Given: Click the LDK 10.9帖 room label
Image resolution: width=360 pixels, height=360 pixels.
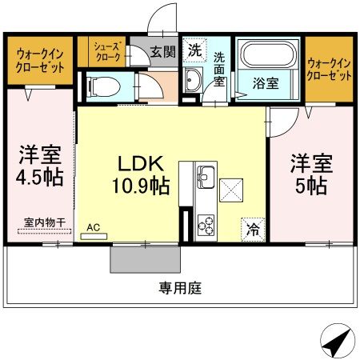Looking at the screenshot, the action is pos(141,174).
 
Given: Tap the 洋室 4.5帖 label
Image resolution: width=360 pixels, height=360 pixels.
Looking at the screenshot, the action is pos(40,166).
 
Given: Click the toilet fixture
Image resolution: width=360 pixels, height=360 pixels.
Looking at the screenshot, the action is pos(103,86).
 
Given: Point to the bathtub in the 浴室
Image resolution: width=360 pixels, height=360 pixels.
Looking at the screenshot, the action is pos(269,54).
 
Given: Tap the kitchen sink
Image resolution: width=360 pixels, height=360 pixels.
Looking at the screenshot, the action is pos(206,177).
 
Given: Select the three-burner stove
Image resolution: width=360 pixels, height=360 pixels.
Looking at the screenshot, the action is pos(206,225).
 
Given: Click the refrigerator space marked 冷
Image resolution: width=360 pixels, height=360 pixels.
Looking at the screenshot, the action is pos(253,230).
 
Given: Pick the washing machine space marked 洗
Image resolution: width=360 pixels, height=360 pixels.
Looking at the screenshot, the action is pos(195,50).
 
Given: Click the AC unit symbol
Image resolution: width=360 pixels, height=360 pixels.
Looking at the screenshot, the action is pos(94,236).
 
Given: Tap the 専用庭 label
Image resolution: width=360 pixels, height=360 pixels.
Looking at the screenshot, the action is pos(180,288).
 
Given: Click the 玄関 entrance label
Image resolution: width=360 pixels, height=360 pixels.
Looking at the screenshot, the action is pos(163,51).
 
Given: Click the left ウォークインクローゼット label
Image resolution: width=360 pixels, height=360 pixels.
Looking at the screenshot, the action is pos(40,61).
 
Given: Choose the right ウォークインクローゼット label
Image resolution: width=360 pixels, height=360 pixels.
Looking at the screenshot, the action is pos(330,70).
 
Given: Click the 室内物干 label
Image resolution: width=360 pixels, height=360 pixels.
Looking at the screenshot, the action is pos(45,222).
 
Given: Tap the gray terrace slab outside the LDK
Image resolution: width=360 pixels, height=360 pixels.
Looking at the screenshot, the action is pos(146,259).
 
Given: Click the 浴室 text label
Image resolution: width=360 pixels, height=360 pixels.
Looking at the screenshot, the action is pos(266,83).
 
